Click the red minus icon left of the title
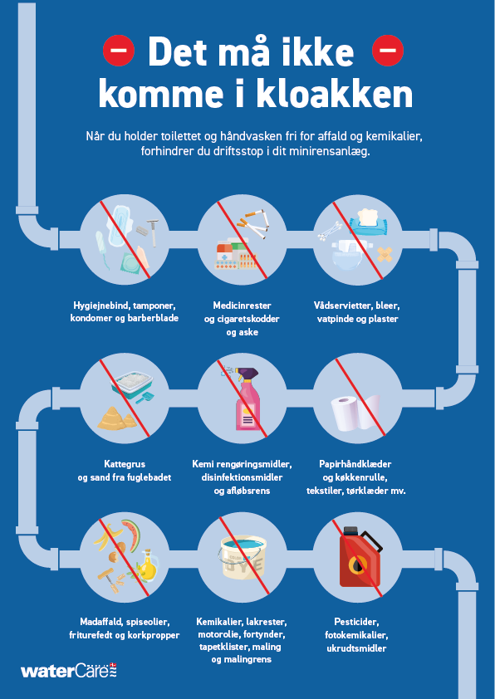click(x=119, y=51)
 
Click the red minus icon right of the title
click(x=388, y=51)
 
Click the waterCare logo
click(x=69, y=671)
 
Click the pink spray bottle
click(x=247, y=398)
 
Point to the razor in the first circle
click(x=153, y=232)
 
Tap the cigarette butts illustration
click(x=252, y=224)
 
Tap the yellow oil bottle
click(x=149, y=563)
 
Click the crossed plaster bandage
click(x=385, y=255)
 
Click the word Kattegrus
click(x=125, y=464)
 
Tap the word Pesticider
click(x=356, y=622)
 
